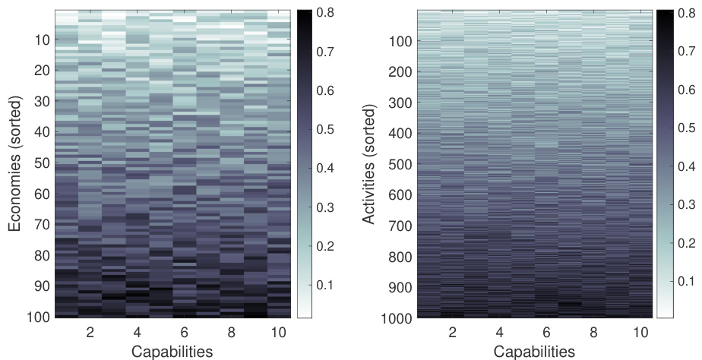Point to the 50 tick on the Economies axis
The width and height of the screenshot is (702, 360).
pos(42,163)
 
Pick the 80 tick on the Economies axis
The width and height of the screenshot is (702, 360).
pos(42,254)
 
